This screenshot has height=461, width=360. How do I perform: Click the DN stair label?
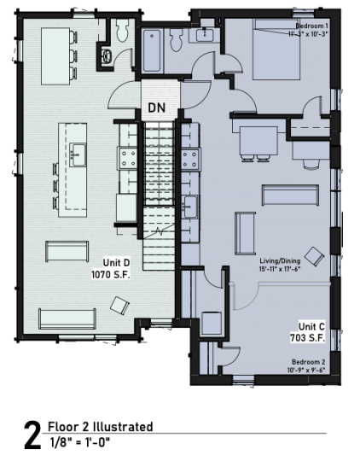[156, 108]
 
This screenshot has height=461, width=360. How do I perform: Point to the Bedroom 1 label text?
[310, 31]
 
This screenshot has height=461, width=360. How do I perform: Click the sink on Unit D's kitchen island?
[78, 155]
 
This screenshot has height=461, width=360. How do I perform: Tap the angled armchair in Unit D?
[119, 305]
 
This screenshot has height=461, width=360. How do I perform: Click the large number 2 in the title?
[31, 436]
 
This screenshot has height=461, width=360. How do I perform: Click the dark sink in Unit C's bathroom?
[206, 33]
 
